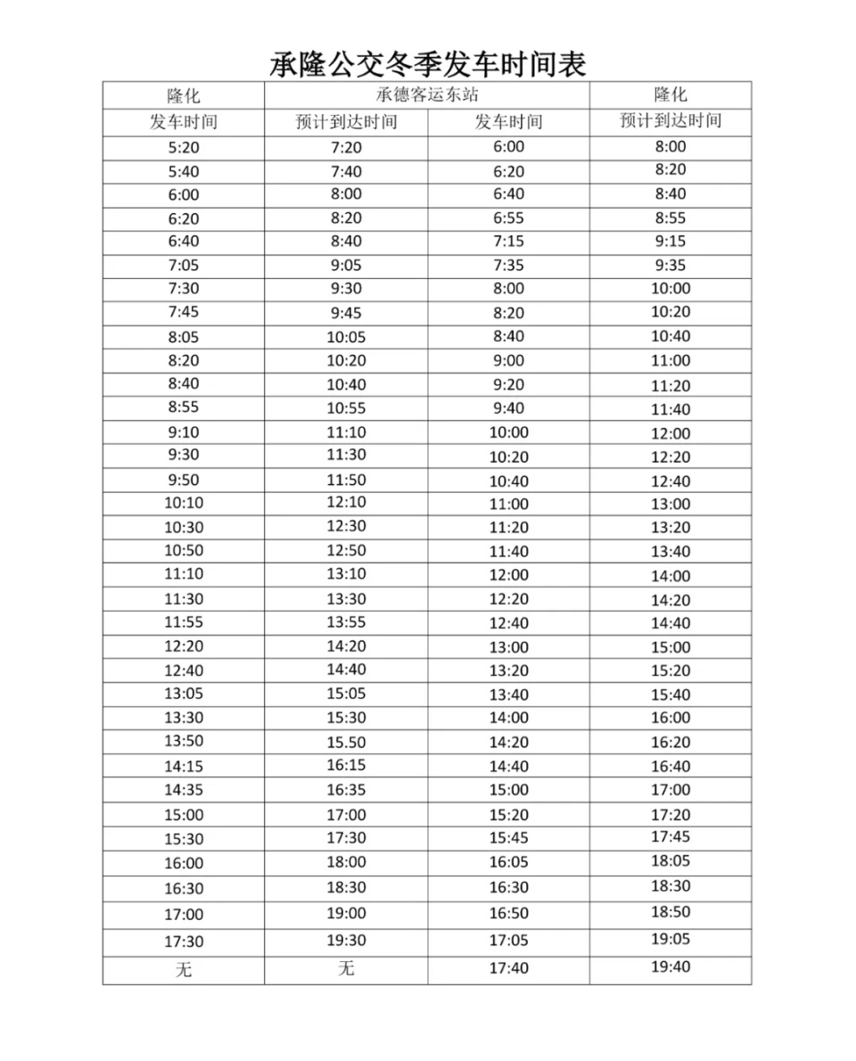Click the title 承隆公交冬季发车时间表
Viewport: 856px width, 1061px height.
pyautogui.click(x=428, y=63)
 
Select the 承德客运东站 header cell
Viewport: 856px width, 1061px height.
pyautogui.click(x=427, y=95)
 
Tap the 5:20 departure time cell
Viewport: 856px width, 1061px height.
pyautogui.click(x=183, y=148)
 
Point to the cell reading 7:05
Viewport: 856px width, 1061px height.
pyautogui.click(x=183, y=265)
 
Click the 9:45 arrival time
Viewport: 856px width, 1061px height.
pyautogui.click(x=346, y=313)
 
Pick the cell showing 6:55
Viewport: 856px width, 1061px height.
pyautogui.click(x=508, y=218)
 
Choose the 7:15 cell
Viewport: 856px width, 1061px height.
pyautogui.click(x=508, y=241)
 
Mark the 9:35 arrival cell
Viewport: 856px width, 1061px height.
pyautogui.click(x=671, y=265)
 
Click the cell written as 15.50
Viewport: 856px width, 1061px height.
pyautogui.click(x=346, y=742)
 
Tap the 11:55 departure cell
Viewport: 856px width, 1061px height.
pyautogui.click(x=183, y=622)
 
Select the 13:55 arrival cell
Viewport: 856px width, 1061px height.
pyautogui.click(x=346, y=622)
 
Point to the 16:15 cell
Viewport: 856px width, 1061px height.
pyautogui.click(x=346, y=765)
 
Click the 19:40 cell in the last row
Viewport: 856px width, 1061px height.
pyautogui.click(x=671, y=966)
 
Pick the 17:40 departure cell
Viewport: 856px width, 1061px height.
pyautogui.click(x=508, y=968)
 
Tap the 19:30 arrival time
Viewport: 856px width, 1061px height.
pyautogui.click(x=346, y=941)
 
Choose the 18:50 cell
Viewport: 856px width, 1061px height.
pyautogui.click(x=671, y=912)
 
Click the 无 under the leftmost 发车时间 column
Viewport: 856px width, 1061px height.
pyautogui.click(x=183, y=970)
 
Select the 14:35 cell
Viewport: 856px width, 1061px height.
pyautogui.click(x=183, y=789)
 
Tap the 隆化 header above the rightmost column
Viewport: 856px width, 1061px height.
pyautogui.click(x=671, y=95)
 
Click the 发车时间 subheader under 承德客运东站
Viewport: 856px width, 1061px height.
pyautogui.click(x=508, y=122)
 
